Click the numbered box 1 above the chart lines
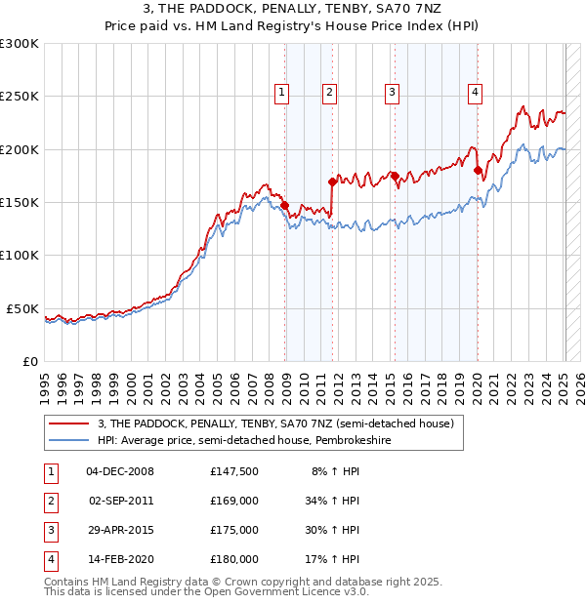(281, 93)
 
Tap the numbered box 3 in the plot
(392, 93)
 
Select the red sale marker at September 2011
(332, 181)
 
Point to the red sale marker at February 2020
(478, 170)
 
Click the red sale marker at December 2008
(285, 206)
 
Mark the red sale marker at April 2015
(395, 176)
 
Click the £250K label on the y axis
(20, 97)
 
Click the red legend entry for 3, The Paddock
(275, 424)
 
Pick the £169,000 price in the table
(233, 501)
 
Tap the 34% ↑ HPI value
(332, 501)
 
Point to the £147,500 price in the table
(233, 471)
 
